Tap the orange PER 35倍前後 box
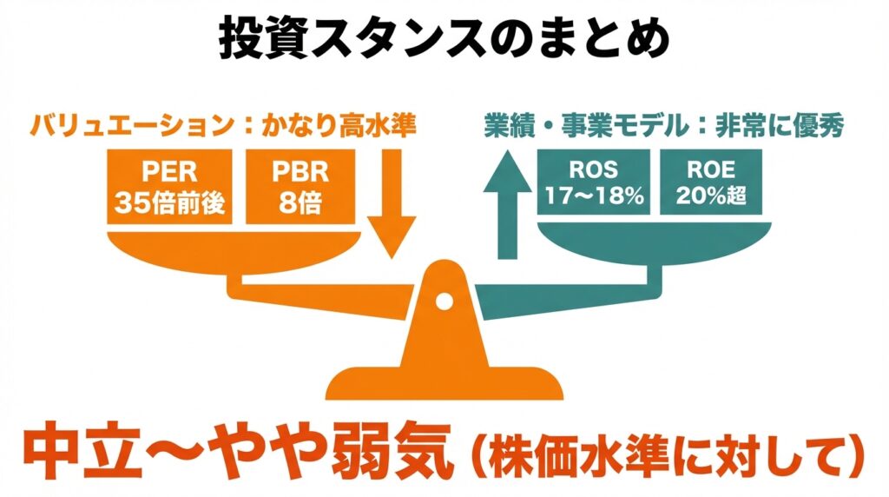click(x=169, y=186)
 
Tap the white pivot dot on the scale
click(x=444, y=302)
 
